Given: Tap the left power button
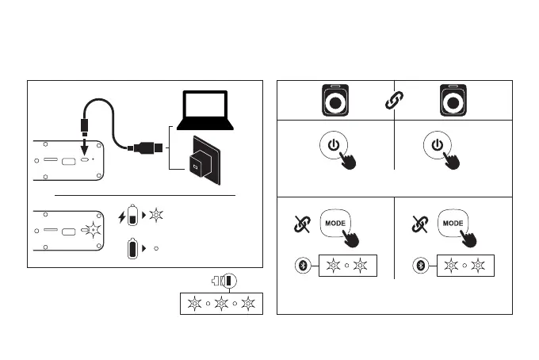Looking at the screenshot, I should tap(334, 146).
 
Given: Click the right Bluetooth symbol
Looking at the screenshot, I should tap(422, 266).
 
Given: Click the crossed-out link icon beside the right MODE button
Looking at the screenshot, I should tap(419, 225).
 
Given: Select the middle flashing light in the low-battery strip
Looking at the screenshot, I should tap(220, 303).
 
